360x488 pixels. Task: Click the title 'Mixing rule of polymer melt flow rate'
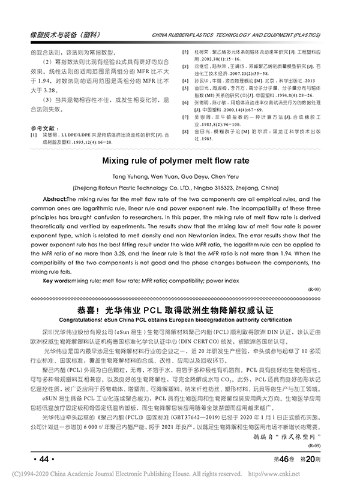[179, 161]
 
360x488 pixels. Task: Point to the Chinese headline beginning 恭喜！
[180, 311]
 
